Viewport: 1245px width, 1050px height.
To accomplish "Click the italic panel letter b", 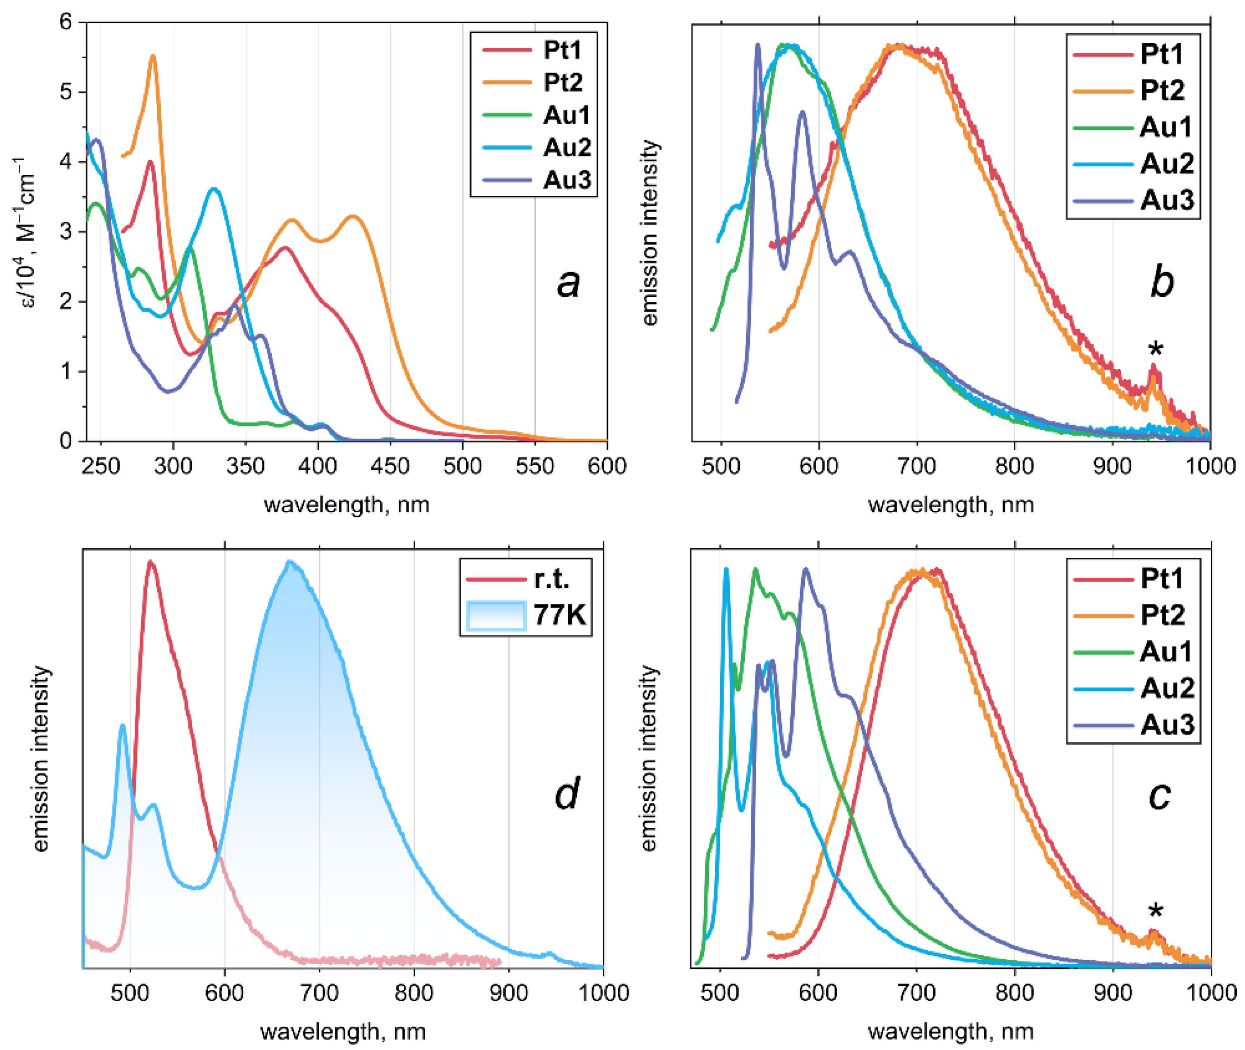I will tap(1161, 282).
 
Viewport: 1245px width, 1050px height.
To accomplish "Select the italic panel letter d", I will tap(565, 795).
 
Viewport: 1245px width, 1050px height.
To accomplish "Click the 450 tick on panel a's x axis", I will tap(390, 466).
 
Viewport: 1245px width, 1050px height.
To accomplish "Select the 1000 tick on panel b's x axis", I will tap(1210, 466).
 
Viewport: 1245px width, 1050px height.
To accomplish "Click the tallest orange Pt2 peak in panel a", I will tap(153, 57).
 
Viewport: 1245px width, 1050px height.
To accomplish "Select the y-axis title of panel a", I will tap(24, 232).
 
